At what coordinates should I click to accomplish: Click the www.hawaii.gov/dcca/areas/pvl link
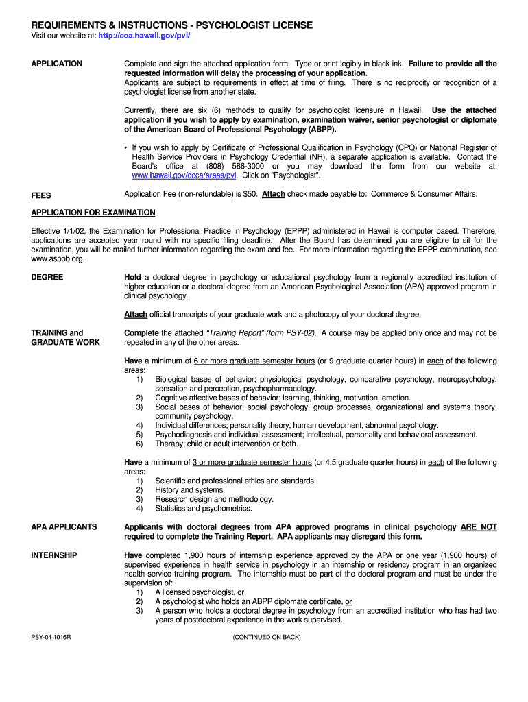coord(179,175)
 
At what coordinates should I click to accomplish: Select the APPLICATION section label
coord(57,64)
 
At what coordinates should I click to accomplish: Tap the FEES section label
coord(41,195)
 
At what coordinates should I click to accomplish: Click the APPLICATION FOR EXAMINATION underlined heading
coord(93,213)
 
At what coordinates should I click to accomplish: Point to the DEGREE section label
coord(47,277)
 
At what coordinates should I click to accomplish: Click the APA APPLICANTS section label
coord(64,527)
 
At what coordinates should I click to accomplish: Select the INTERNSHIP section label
coord(54,555)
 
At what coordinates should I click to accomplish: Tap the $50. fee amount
coord(251,194)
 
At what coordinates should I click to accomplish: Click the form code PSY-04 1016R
coord(51,638)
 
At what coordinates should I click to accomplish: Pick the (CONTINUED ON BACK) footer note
coord(267,638)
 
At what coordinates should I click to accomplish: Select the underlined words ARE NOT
coord(479,527)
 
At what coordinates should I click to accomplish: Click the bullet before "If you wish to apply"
coord(126,147)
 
